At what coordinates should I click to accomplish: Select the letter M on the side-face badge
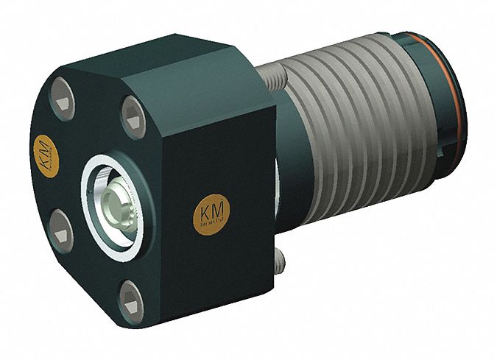[x=217, y=211]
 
